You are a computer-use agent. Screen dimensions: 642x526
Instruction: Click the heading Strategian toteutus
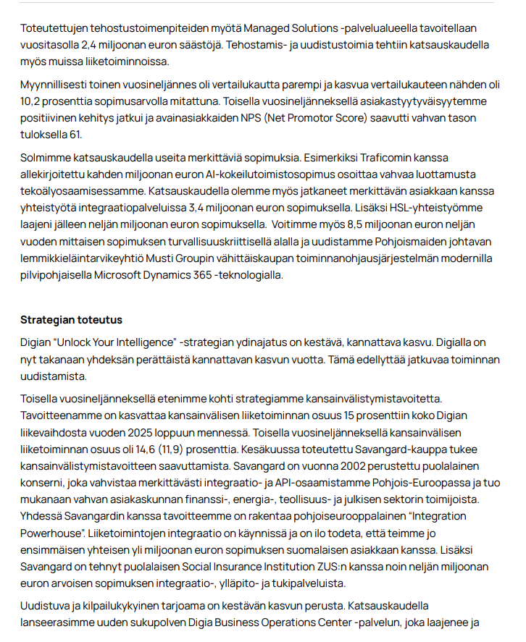(x=71, y=320)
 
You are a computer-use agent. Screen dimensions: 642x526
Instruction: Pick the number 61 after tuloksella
(x=76, y=133)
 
